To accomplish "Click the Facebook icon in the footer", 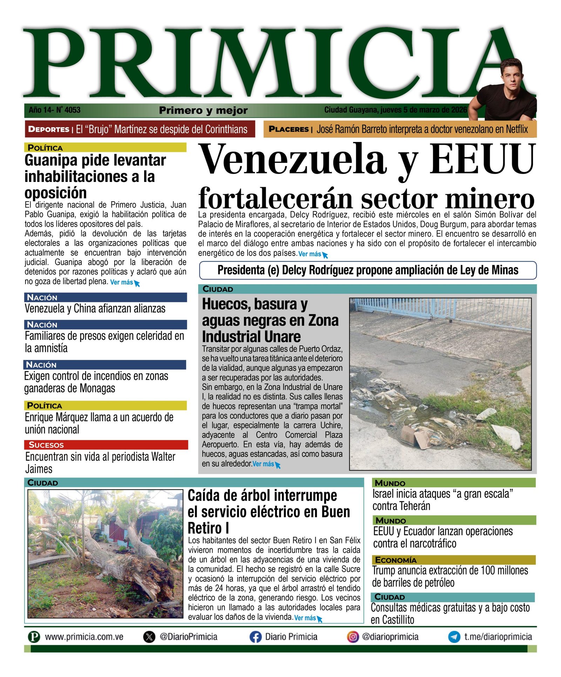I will coord(255,637).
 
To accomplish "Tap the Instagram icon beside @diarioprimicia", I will coord(353,636).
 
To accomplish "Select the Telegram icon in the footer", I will coord(454,637).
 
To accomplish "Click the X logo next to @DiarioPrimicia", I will coord(149,637).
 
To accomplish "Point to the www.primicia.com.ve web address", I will coord(84,637).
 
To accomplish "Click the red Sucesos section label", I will coord(46,445).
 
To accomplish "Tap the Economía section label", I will coord(396,560).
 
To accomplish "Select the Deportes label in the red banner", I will coord(49,129).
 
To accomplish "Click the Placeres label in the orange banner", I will coord(289,129).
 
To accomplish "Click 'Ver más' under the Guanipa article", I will coord(122,282).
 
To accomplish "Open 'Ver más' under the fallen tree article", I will coord(305,618).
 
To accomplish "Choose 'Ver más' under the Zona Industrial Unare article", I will coord(263,464).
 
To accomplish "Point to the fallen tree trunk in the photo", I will coord(116,568).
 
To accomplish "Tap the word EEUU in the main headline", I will coord(482,160).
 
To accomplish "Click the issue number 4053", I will coord(73,110).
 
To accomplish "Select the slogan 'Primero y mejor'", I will coord(203,110).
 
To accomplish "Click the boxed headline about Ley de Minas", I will coord(368,270).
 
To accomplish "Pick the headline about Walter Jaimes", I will coord(100,463).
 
